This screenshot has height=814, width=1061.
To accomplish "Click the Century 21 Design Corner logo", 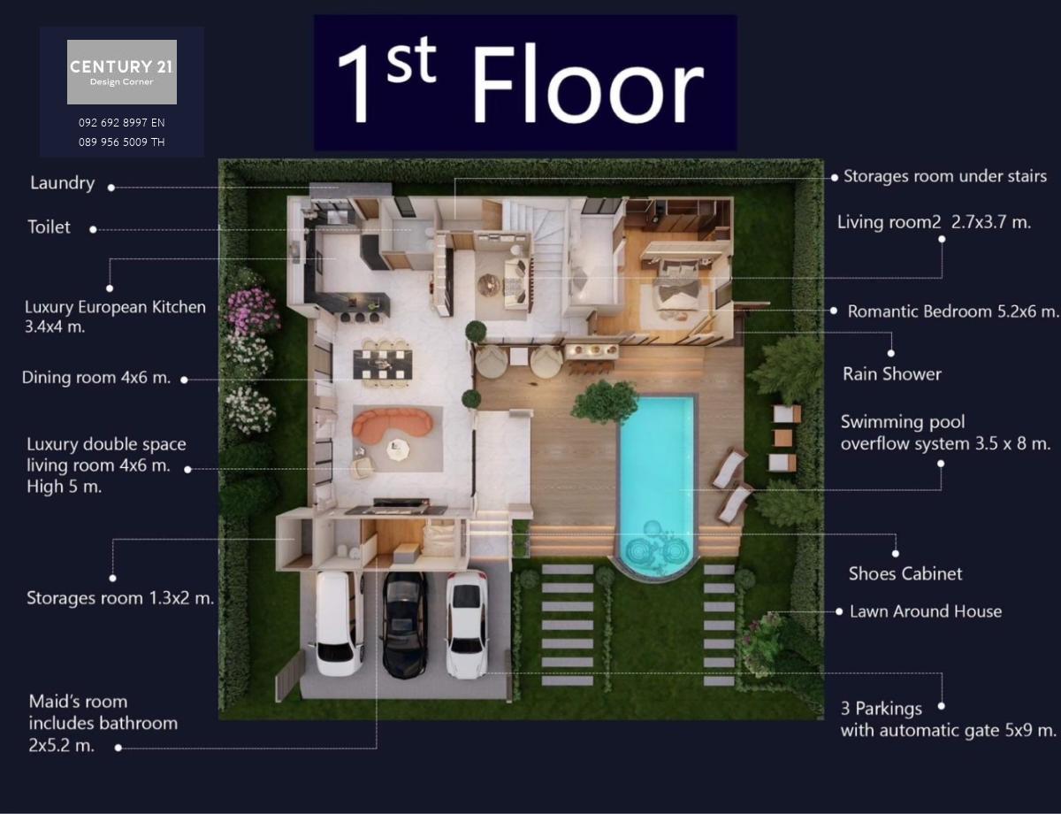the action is pos(122,72).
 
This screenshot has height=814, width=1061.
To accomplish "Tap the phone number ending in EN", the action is pos(122,123).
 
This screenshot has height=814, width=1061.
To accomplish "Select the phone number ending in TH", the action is pos(122,142).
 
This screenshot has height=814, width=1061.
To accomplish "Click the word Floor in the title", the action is pos(587,84).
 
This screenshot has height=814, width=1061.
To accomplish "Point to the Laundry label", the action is pos(63,183).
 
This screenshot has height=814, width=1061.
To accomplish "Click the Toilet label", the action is pos(49,227).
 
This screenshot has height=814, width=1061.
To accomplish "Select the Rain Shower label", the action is pos(892,374).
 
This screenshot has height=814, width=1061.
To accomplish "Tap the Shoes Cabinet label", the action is pos(905,573).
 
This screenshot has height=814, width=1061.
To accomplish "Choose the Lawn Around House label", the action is pos(926,611).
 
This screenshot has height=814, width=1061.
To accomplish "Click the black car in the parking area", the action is pos(405,625).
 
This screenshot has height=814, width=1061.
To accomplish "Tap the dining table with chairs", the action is pos(383,363).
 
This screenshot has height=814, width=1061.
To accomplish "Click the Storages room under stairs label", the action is pos(945,176).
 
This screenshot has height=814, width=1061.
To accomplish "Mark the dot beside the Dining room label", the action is pos(184,380).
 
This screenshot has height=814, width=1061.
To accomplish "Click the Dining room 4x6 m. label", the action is pos(96,378).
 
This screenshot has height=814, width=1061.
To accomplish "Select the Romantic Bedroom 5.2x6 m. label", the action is pos(953,311).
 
